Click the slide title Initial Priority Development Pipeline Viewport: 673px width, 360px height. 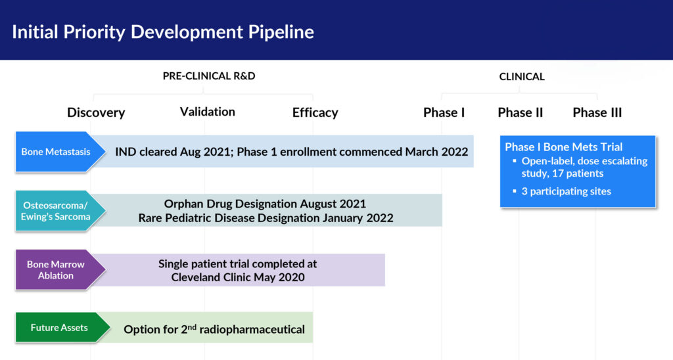pyautogui.click(x=163, y=32)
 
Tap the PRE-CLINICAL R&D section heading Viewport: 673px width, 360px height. pyautogui.click(x=209, y=76)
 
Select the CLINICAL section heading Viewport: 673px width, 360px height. pyautogui.click(x=522, y=77)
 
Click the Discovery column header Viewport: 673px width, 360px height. pyautogui.click(x=96, y=112)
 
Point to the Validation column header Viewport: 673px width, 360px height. pyautogui.click(x=207, y=112)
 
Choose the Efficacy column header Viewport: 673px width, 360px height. pyautogui.click(x=315, y=112)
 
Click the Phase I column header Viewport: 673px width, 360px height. pyautogui.click(x=444, y=112)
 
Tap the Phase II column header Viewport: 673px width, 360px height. pyautogui.click(x=521, y=112)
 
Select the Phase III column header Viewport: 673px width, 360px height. pyautogui.click(x=597, y=112)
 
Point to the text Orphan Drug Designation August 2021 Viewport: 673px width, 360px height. pyautogui.click(x=265, y=204)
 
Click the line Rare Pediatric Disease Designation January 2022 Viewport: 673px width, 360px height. pyautogui.click(x=266, y=218)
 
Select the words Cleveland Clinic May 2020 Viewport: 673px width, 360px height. pyautogui.click(x=238, y=277)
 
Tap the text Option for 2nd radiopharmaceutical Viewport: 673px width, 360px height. pyautogui.click(x=214, y=329)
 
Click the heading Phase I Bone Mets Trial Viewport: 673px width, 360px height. pyautogui.click(x=563, y=147)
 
